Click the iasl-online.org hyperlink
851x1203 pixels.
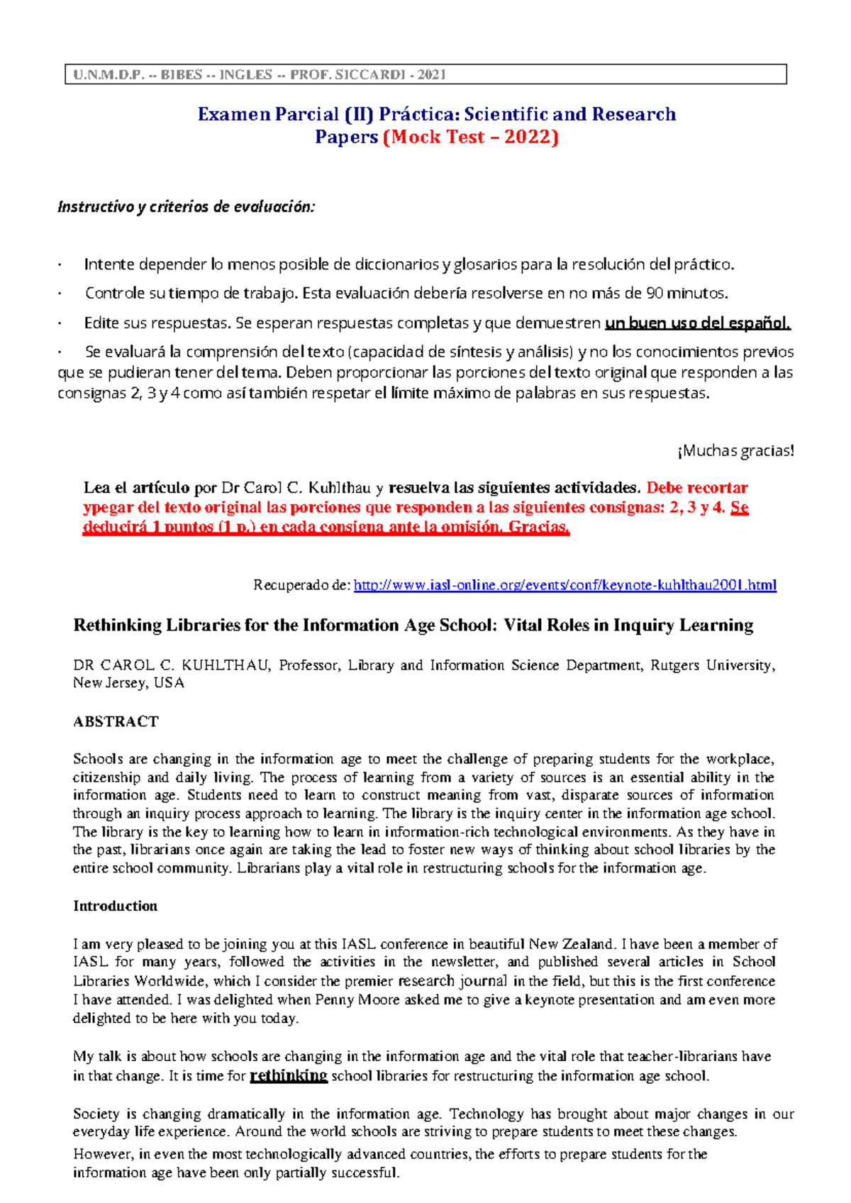[564, 585]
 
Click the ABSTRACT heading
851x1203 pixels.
[116, 721]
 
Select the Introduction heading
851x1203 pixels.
[115, 906]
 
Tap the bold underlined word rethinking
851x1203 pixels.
[289, 1075]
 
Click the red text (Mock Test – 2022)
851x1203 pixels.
[471, 137]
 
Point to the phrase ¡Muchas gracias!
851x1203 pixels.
[736, 451]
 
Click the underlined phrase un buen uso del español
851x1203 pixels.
[697, 323]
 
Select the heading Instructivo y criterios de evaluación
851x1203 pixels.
[186, 207]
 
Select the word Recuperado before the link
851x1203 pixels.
[287, 585]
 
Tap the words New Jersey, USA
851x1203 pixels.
[128, 683]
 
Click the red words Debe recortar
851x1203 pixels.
[697, 488]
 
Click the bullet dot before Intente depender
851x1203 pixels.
[62, 265]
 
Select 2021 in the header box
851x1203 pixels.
[431, 74]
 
